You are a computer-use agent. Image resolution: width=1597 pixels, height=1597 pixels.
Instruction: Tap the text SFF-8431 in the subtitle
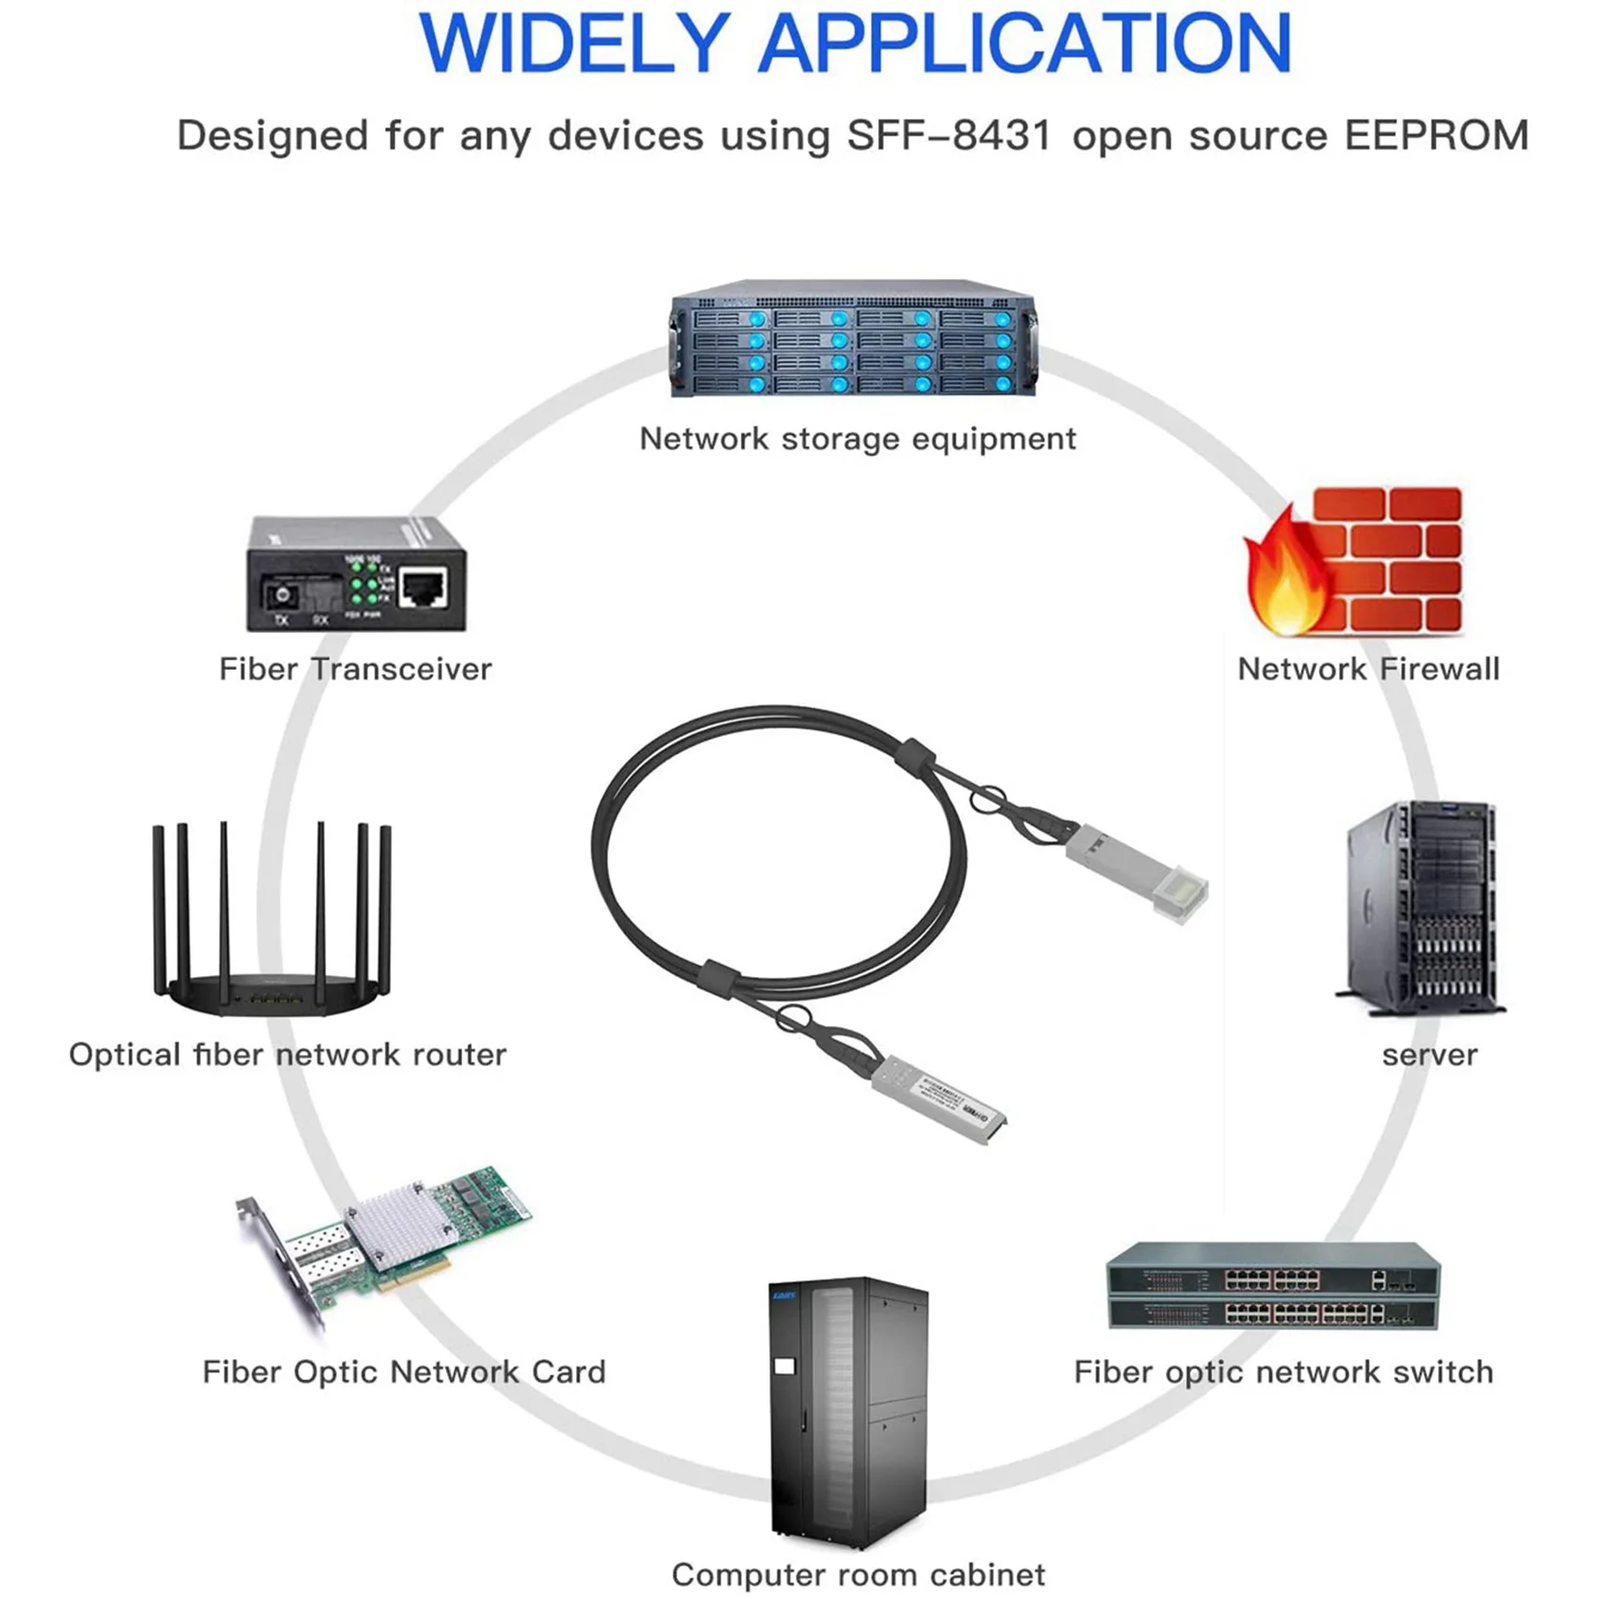click(x=948, y=135)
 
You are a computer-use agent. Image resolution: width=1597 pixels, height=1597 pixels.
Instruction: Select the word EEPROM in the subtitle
click(x=1435, y=135)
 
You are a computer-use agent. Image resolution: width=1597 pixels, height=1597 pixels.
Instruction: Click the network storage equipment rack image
click(x=853, y=340)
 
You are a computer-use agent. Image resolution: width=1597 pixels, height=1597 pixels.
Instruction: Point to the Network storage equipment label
click(x=857, y=439)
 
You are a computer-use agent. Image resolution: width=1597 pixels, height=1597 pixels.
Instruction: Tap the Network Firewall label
click(x=1368, y=669)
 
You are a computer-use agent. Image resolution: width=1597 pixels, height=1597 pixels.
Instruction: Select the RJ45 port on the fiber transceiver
click(x=423, y=588)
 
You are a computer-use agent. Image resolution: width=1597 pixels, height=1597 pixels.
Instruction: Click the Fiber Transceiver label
click(x=355, y=669)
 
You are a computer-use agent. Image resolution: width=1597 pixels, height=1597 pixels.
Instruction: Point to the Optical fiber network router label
click(x=287, y=1054)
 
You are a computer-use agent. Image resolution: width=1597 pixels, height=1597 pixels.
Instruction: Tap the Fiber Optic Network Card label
click(x=404, y=1372)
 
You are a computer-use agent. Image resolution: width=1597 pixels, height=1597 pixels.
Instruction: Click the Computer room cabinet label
click(x=858, y=1574)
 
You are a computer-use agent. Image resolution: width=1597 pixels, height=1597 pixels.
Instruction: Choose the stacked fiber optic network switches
click(x=1273, y=1287)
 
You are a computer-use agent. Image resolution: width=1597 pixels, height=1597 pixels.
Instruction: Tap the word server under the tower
click(x=1429, y=1054)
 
